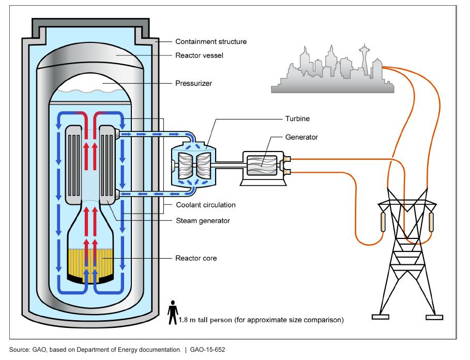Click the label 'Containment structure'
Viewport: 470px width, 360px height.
tap(210, 41)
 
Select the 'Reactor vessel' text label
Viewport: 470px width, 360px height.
tap(199, 55)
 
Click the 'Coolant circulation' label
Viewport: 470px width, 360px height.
tap(205, 205)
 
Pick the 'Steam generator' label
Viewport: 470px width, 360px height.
tap(202, 221)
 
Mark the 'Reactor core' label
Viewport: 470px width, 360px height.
tap(196, 258)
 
